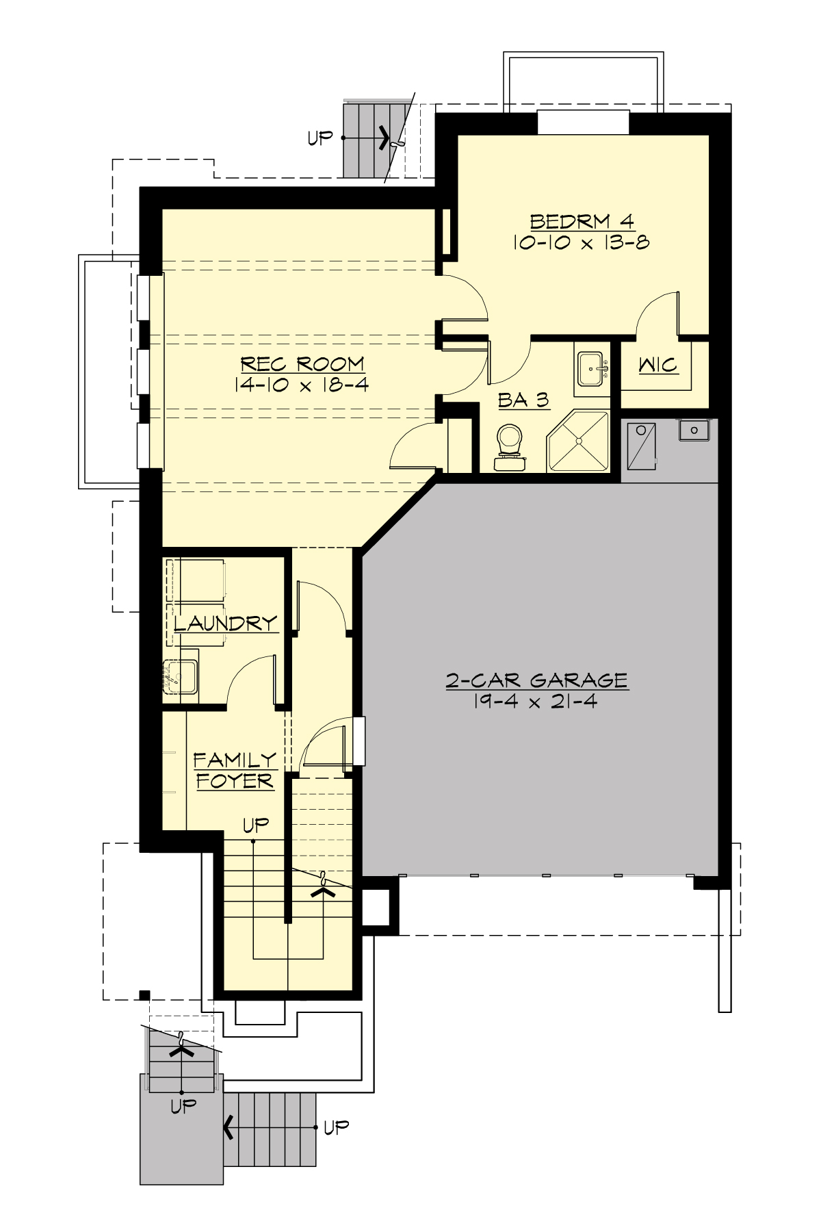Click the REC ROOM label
point(302,363)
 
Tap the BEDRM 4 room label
point(582,221)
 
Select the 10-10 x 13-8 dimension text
point(582,242)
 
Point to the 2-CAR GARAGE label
point(537,680)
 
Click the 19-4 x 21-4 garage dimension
point(535,701)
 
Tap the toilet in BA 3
point(509,447)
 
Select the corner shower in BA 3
point(579,442)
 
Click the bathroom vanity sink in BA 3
point(591,369)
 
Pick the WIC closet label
point(658,365)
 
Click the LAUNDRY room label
point(225,624)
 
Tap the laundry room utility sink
point(179,676)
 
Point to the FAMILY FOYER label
point(234,771)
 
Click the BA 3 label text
point(523,400)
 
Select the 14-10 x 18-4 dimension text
point(302,385)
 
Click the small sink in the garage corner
point(694,431)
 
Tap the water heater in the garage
point(641,446)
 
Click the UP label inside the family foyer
point(256,825)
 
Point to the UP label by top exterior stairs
point(320,138)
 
